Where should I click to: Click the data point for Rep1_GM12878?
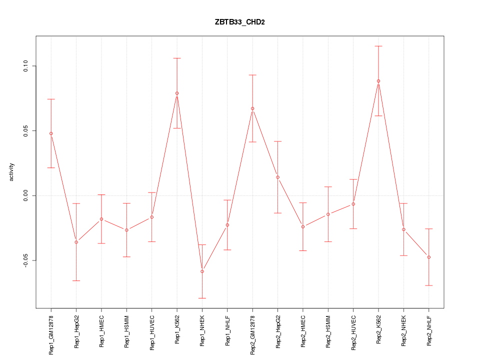tap(51, 133)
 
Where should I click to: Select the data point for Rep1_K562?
tap(177, 93)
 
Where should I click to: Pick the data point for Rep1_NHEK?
tap(202, 271)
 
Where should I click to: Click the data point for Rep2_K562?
tap(378, 81)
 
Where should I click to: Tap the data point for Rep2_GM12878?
tap(252, 108)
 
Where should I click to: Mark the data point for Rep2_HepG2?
tap(277, 177)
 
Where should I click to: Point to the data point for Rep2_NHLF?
tap(429, 257)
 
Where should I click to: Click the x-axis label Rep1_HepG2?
tap(76, 331)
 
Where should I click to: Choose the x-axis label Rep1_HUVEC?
tap(152, 331)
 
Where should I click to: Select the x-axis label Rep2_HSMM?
tap(328, 331)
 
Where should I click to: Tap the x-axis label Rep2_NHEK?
tap(404, 331)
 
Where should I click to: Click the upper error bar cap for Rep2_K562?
tap(378, 46)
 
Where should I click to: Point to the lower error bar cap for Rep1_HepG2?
tap(76, 280)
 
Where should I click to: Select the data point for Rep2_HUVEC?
tap(353, 204)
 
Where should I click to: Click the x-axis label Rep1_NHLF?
tap(227, 330)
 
